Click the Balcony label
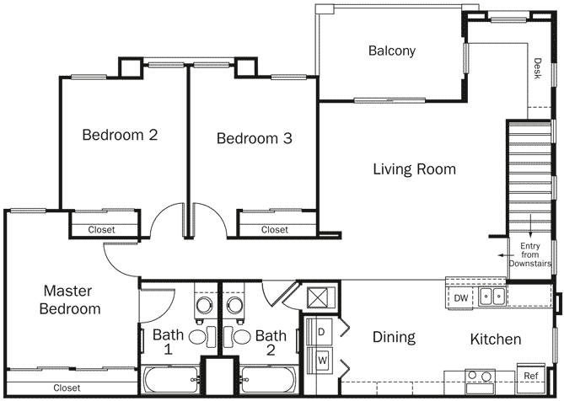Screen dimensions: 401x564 pyautogui.click(x=392, y=51)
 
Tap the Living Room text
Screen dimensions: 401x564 pyautogui.click(x=414, y=169)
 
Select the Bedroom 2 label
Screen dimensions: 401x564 pyautogui.click(x=120, y=134)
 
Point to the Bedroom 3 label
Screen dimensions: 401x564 pyautogui.click(x=254, y=138)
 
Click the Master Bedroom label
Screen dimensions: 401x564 pyautogui.click(x=72, y=300)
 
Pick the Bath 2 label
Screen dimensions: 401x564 pyautogui.click(x=271, y=343)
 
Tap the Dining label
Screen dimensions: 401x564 pyautogui.click(x=394, y=338)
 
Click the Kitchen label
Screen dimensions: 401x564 pyautogui.click(x=495, y=340)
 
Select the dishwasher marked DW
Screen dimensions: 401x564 pyautogui.click(x=460, y=298)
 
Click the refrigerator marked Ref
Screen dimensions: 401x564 pyautogui.click(x=531, y=376)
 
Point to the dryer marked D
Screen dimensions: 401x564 pyautogui.click(x=322, y=331)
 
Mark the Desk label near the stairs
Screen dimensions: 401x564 pyautogui.click(x=537, y=68)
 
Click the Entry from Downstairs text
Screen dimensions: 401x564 pyautogui.click(x=530, y=254)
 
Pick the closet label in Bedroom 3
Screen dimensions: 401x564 pyautogui.click(x=274, y=229)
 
